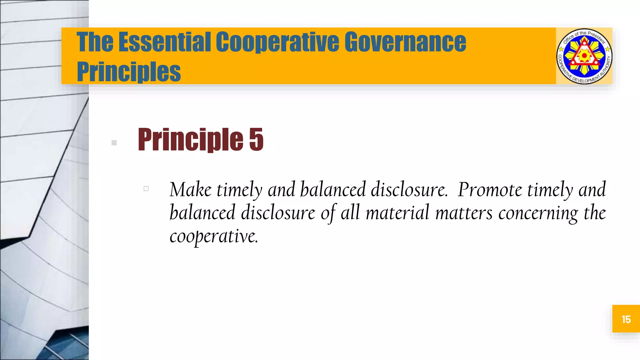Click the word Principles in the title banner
pyautogui.click(x=129, y=72)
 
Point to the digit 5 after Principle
pyautogui.click(x=256, y=139)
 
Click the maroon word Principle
pyautogui.click(x=190, y=139)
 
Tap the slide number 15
pyautogui.click(x=626, y=319)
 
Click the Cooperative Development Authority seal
pyautogui.click(x=584, y=56)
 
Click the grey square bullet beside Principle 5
pyautogui.click(x=114, y=143)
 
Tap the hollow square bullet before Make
pyautogui.click(x=146, y=188)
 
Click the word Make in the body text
pyautogui.click(x=190, y=190)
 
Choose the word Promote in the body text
pyautogui.click(x=490, y=190)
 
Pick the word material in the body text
pyautogui.click(x=397, y=213)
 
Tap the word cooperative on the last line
pyautogui.click(x=214, y=236)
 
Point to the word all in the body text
pyautogui.click(x=350, y=213)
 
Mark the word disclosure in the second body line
pyautogui.click(x=278, y=213)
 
